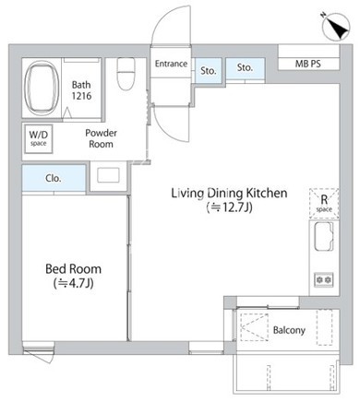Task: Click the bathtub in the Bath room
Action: (x=42, y=88)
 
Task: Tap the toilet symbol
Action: (x=126, y=74)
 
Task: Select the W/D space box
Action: (x=39, y=138)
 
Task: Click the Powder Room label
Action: (x=101, y=138)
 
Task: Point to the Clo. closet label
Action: (x=54, y=178)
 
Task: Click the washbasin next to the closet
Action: (x=108, y=175)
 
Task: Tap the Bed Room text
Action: (x=73, y=269)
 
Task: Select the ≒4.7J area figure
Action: (x=73, y=283)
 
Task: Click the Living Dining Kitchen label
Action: (x=229, y=194)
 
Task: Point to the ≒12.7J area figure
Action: (x=230, y=207)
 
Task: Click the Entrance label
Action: (x=171, y=64)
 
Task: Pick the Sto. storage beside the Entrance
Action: (x=208, y=70)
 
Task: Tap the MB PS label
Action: (x=307, y=64)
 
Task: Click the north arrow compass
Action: (x=336, y=27)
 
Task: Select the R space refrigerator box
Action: (x=324, y=204)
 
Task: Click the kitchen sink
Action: (x=324, y=236)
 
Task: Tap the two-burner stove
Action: (x=323, y=280)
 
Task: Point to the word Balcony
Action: (x=289, y=330)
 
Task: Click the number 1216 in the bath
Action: (x=81, y=96)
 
